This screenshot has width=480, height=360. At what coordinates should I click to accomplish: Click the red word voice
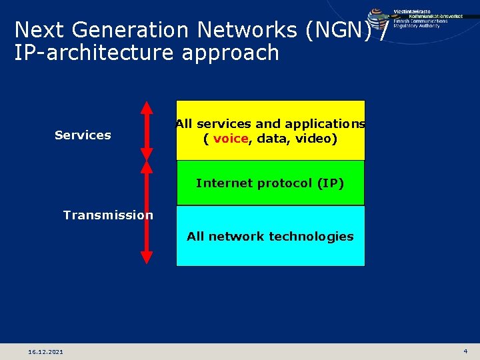[231, 139]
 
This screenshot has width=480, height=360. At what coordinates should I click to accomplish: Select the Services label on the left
[83, 135]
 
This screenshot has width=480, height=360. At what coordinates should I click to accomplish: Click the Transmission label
[108, 215]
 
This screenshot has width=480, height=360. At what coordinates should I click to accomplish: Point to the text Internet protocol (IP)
[270, 183]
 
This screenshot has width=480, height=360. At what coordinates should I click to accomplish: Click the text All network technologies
[270, 236]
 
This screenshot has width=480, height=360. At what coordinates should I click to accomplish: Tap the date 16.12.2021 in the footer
[46, 351]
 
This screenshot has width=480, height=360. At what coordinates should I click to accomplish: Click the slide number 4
[465, 351]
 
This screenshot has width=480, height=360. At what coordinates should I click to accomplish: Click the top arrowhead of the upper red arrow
[147, 107]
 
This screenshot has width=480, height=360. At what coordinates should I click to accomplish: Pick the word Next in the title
[38, 30]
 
